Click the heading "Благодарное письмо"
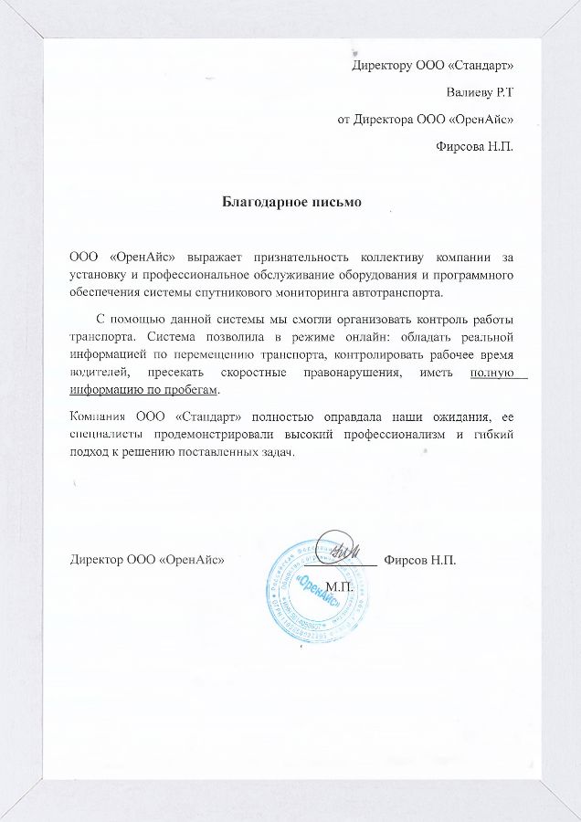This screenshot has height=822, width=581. tap(292, 201)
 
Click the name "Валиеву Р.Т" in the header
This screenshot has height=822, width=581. tap(479, 92)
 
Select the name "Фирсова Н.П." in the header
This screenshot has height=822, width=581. tap(475, 145)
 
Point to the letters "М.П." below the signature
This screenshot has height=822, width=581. tap(339, 585)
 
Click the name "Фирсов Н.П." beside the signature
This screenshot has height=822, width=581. tap(420, 559)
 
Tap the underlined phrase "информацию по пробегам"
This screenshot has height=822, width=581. tap(145, 390)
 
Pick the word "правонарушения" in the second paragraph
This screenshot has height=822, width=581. tap(343, 373)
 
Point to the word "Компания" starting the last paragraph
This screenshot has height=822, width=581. tap(98, 417)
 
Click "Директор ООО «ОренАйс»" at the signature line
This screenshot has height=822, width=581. tap(148, 559)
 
